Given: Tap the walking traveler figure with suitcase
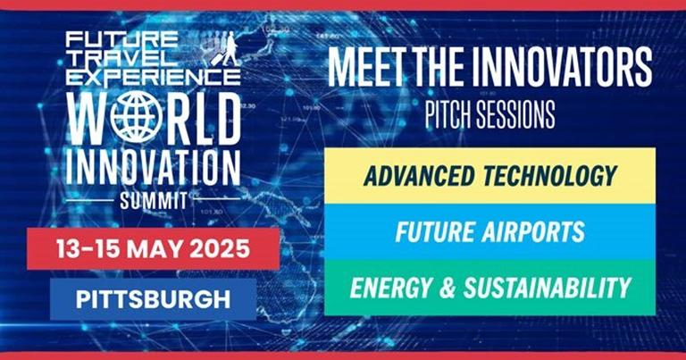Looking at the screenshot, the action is pyautogui.click(x=227, y=49).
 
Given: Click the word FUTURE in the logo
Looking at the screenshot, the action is pyautogui.click(x=122, y=39).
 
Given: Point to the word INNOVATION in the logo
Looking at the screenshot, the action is pyautogui.click(x=153, y=168).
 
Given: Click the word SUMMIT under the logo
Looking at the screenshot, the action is pyautogui.click(x=154, y=201).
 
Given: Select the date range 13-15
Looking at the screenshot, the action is pyautogui.click(x=88, y=249).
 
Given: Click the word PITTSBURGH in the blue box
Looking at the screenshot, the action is pyautogui.click(x=153, y=299).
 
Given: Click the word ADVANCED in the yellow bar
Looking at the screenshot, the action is pyautogui.click(x=419, y=176).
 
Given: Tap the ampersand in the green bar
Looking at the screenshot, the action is pyautogui.click(x=448, y=289).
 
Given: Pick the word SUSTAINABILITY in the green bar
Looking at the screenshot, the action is pyautogui.click(x=547, y=289).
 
